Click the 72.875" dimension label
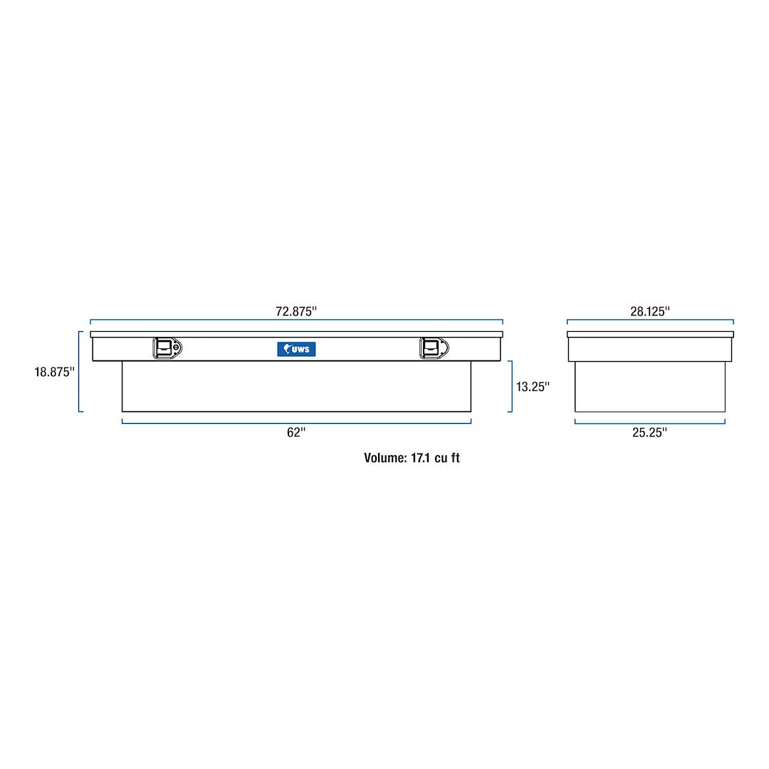tap(295, 311)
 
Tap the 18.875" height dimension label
tap(54, 372)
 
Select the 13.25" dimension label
tap(533, 387)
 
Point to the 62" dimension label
tap(295, 432)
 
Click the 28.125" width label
tap(650, 311)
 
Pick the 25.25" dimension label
tap(649, 432)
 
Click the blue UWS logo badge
tap(296, 349)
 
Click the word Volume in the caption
tap(384, 458)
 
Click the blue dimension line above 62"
tap(296, 422)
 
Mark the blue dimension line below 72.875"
tap(296, 320)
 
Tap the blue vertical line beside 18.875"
tap(80, 371)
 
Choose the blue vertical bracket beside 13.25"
tap(511, 386)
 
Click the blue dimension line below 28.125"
tap(650, 320)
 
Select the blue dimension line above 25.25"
tap(649, 422)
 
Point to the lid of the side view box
tap(650, 334)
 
